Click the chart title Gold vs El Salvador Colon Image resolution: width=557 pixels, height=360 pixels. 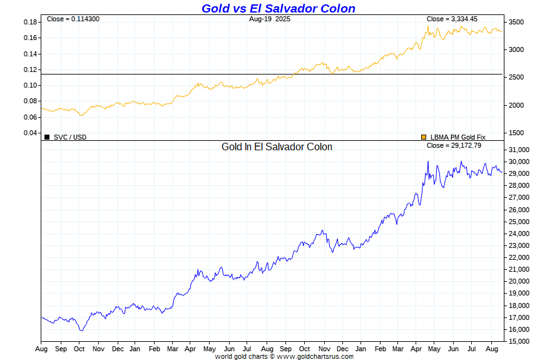pos(278,8)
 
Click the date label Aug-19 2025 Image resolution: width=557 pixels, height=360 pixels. pos(269,19)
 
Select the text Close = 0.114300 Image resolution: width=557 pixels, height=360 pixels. pos(73,19)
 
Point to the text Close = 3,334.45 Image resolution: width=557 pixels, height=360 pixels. pos(452,19)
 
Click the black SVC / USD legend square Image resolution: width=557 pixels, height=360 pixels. pos(47,136)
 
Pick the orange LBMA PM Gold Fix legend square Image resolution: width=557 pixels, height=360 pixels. pos(424,136)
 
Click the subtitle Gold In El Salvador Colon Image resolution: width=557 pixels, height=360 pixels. pos(277,147)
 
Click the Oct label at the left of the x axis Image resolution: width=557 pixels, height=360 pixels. pos(79,348)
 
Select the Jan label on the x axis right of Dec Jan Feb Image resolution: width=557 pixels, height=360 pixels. pos(360,348)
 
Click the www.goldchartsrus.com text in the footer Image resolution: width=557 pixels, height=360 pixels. pos(315,356)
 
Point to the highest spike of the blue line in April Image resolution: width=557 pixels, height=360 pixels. pos(428,162)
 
